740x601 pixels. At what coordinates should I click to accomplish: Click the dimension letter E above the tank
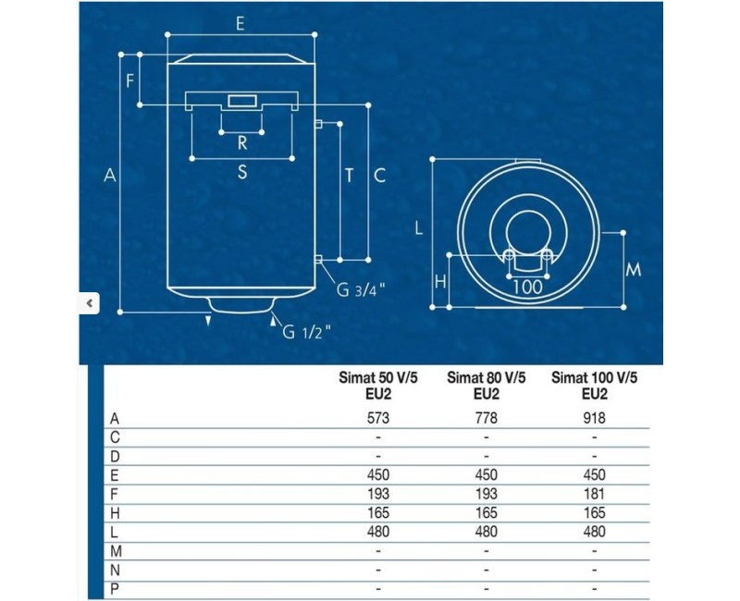coord(240,24)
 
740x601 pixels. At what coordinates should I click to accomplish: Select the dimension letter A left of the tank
coord(109,175)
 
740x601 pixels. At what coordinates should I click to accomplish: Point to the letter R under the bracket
coord(242,142)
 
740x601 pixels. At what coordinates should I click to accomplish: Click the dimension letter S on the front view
coord(241,171)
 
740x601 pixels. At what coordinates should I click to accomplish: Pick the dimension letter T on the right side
coord(349,175)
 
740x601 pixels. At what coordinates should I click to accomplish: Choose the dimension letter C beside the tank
coord(378,175)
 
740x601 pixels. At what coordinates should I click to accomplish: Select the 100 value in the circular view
coord(526,287)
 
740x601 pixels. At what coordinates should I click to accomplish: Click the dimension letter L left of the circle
coord(419,228)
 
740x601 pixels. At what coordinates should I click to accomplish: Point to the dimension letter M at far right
coord(634,270)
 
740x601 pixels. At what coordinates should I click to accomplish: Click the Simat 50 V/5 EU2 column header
coord(379,386)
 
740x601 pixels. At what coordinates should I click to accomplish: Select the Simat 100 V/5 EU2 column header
coord(595,386)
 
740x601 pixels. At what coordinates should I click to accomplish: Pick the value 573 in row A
coord(379,418)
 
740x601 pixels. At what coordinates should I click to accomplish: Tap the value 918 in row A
coord(595,418)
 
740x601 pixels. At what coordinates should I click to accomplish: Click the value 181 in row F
coord(595,494)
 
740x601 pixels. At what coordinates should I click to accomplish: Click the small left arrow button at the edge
coord(89,302)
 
